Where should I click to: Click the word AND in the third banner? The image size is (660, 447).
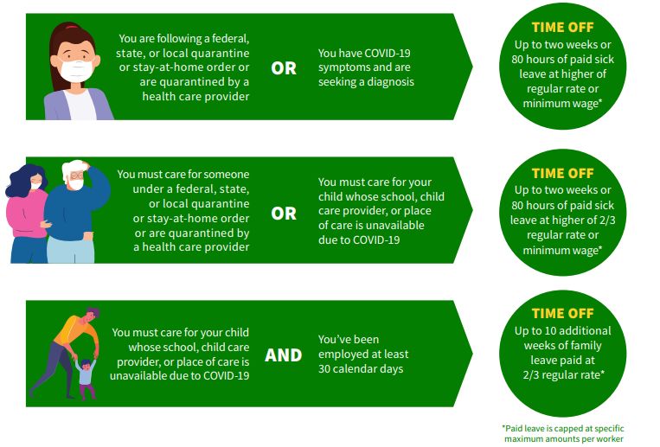(283, 355)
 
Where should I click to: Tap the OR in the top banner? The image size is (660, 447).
(284, 68)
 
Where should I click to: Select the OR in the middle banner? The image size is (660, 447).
(284, 214)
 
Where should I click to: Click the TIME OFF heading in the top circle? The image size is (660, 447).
(562, 28)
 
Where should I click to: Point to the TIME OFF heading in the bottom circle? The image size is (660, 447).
(562, 314)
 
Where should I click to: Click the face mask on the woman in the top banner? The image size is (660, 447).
(77, 70)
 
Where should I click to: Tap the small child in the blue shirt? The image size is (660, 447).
(86, 378)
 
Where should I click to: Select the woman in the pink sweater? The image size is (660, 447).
(27, 214)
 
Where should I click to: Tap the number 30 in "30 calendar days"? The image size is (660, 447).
(324, 369)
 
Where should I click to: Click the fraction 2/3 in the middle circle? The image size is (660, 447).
(606, 220)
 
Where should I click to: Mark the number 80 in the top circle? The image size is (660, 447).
(518, 60)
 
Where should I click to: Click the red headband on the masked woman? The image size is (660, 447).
(72, 28)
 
